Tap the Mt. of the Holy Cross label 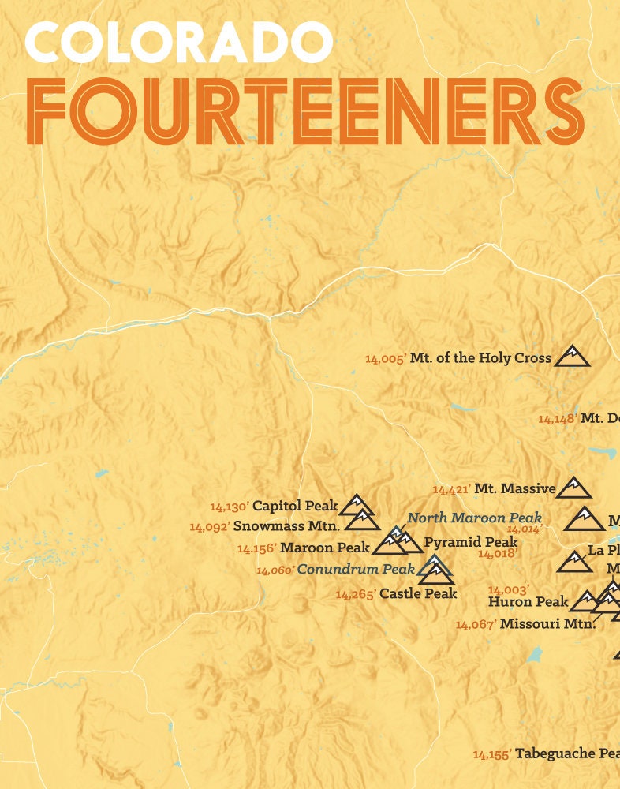pyautogui.click(x=480, y=358)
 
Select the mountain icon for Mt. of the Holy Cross pyautogui.click(x=572, y=357)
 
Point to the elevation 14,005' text pyautogui.click(x=385, y=359)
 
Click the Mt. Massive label pyautogui.click(x=514, y=489)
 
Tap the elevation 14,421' pyautogui.click(x=451, y=490)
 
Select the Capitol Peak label pyautogui.click(x=295, y=506)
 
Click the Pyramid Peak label pyautogui.click(x=470, y=542)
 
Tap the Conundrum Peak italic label pyautogui.click(x=357, y=569)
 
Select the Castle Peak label pyautogui.click(x=418, y=593)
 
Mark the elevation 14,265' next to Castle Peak pyautogui.click(x=355, y=594)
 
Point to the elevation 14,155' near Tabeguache pyautogui.click(x=492, y=754)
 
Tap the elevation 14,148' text pyautogui.click(x=558, y=419)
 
